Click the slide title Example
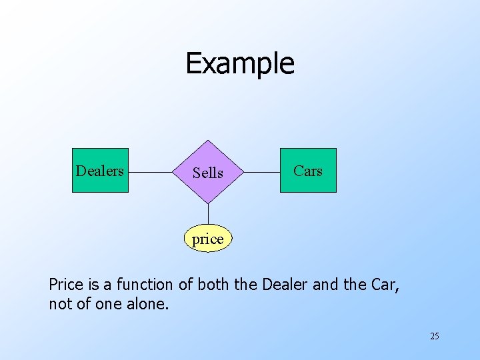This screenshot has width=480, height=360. [x=239, y=63]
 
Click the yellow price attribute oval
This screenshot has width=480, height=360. [x=208, y=239]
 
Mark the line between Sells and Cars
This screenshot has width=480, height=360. [x=262, y=172]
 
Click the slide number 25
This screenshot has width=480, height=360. [x=434, y=336]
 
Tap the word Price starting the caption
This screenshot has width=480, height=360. [x=65, y=285]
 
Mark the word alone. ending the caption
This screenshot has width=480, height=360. [x=151, y=305]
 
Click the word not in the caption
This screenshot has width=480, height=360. [x=59, y=305]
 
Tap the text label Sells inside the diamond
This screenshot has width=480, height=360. [x=208, y=173]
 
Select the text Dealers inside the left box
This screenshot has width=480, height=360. [x=100, y=171]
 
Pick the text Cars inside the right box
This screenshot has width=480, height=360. [x=308, y=171]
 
